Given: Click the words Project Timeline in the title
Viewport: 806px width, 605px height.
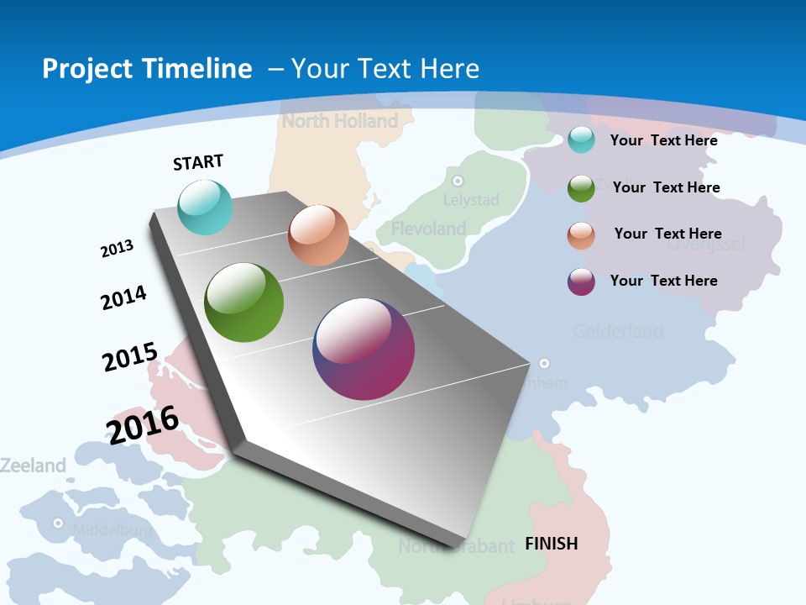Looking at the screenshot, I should coord(147,69).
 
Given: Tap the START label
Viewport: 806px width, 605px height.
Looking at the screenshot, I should coord(198,162).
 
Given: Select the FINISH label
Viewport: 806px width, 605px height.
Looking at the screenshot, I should coord(552,544).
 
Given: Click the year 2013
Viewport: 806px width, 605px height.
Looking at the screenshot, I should coord(118,249).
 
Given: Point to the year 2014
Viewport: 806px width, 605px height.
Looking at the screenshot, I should coord(124,297).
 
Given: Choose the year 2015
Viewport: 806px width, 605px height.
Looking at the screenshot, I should coord(130,356).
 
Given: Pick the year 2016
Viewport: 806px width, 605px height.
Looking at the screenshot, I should coord(143,424).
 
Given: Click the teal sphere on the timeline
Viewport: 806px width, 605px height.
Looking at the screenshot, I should coord(206,207).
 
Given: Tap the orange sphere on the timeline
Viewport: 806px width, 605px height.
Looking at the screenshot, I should coord(318,235).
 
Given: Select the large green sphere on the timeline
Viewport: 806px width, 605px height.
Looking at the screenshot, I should coord(244,302).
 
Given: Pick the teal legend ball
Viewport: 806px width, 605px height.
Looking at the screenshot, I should coord(581,140).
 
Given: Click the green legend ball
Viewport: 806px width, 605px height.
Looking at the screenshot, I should coord(581,188).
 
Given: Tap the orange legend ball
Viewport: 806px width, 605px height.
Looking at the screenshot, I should coord(581,234).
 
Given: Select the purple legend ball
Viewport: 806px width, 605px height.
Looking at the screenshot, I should coord(581,281).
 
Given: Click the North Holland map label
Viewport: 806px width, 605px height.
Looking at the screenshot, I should coord(340,121).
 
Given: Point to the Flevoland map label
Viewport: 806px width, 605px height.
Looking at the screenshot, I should coord(428,229).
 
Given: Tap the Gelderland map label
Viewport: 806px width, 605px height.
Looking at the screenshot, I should coord(618,331).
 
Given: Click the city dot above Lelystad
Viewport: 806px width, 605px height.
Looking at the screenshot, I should coord(458,181).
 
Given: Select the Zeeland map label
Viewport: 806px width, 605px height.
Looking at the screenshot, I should coord(33,465).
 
